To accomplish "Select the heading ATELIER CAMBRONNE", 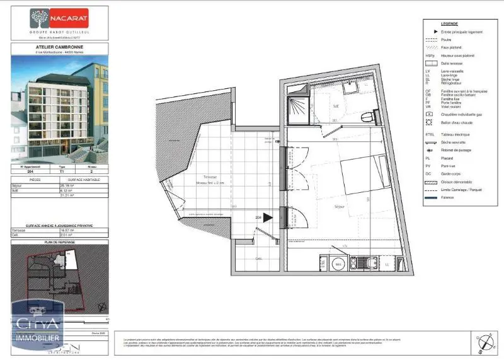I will click(59, 46).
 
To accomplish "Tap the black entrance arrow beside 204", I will click(268, 218).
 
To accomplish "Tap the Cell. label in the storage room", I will click(258, 258).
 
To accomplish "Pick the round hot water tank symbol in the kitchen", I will click(338, 265).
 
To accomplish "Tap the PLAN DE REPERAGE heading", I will click(59, 242).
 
